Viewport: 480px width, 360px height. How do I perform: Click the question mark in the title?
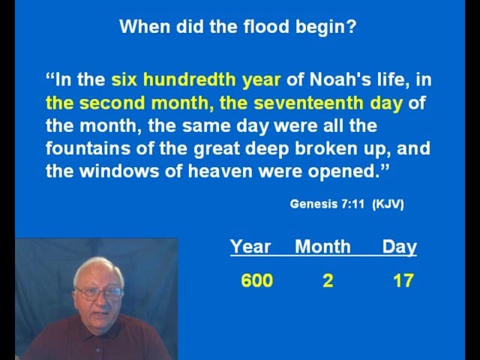[x=352, y=26]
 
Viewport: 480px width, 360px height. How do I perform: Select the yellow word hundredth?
[x=190, y=79]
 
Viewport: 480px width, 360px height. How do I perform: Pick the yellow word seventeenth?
[x=308, y=103]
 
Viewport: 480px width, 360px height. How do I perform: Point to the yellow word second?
[x=112, y=103]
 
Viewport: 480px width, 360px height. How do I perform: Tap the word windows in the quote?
[x=119, y=171]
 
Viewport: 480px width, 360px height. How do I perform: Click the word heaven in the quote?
[x=220, y=171]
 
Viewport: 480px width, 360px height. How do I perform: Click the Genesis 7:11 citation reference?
[x=327, y=204]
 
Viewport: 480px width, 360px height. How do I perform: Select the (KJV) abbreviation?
[x=388, y=204]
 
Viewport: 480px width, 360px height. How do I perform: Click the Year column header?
[x=250, y=247]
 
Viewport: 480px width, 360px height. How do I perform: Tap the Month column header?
[x=322, y=247]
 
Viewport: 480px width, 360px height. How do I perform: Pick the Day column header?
[x=400, y=247]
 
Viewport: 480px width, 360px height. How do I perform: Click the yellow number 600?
[x=257, y=280]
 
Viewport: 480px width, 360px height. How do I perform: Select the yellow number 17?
[x=403, y=280]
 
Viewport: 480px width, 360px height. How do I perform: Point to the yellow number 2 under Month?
[x=328, y=280]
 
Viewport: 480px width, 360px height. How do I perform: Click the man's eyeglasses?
[x=100, y=293]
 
